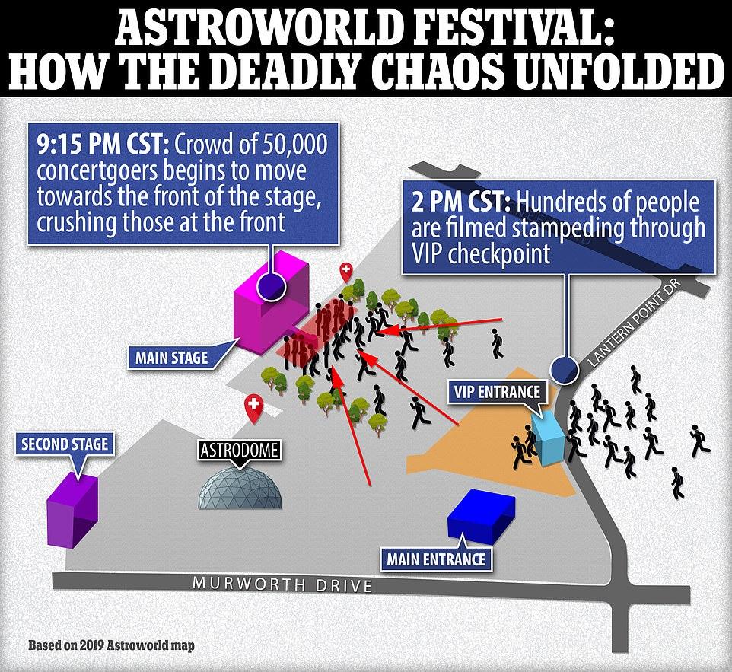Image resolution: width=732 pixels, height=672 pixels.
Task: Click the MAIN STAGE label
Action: [x=172, y=358]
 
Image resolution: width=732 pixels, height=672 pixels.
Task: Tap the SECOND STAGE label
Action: [x=65, y=444]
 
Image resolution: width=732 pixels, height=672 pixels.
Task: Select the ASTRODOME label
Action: [x=239, y=451]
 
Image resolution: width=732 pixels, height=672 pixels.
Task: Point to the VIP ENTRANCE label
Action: [x=497, y=391]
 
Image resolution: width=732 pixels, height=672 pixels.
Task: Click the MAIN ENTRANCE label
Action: [x=436, y=559]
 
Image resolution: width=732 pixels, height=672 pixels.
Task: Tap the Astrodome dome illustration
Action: [x=240, y=488]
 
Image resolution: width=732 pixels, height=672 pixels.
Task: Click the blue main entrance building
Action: [x=481, y=515]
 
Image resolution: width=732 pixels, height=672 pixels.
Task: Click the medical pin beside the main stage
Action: [x=345, y=272]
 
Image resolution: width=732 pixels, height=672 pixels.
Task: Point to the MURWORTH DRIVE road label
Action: [x=282, y=584]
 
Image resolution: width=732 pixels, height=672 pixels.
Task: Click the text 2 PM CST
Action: [x=461, y=202]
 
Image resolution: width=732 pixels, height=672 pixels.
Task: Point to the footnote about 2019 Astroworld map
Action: [x=111, y=645]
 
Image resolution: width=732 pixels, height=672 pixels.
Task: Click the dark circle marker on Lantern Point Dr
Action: [x=565, y=370]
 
